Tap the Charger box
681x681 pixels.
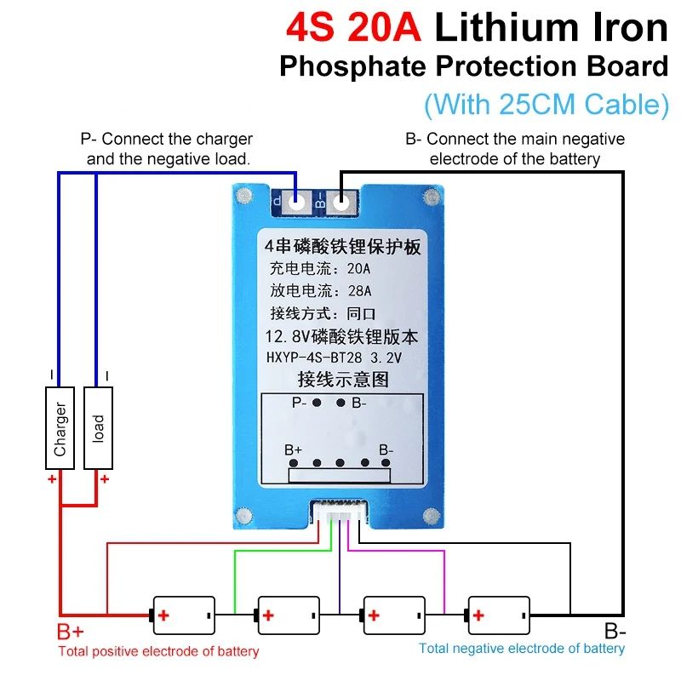tap(60, 428)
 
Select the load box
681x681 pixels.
tap(99, 428)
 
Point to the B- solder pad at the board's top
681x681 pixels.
tap(341, 203)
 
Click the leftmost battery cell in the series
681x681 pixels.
tap(183, 614)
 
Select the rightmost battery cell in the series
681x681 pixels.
tap(499, 614)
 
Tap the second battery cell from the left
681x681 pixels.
tap(289, 614)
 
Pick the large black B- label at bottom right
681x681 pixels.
tap(615, 632)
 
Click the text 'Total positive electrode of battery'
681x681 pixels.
tap(158, 652)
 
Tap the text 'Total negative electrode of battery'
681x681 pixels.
tap(522, 649)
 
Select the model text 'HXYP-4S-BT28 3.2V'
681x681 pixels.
tap(335, 358)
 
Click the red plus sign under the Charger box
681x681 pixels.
tap(52, 480)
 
